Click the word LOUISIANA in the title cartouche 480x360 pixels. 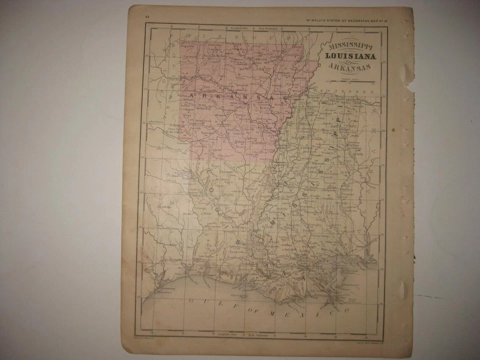click(x=350, y=56)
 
